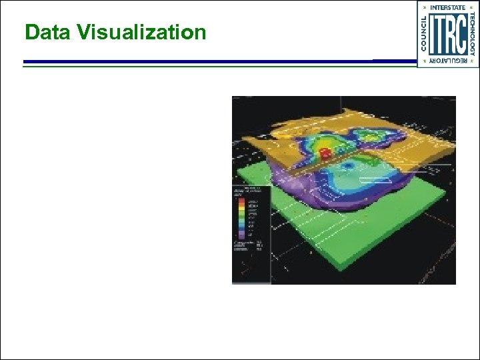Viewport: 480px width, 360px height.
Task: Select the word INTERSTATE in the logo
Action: (x=447, y=7)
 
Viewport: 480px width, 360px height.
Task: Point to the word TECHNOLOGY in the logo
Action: (x=473, y=33)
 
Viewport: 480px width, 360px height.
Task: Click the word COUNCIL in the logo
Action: (x=423, y=33)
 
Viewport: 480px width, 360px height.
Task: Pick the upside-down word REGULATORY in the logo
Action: (x=447, y=61)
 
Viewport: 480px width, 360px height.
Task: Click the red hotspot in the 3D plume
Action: (x=326, y=154)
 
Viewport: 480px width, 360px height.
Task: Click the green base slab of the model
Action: (x=373, y=233)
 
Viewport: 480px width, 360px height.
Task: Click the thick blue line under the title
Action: (x=200, y=61)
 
